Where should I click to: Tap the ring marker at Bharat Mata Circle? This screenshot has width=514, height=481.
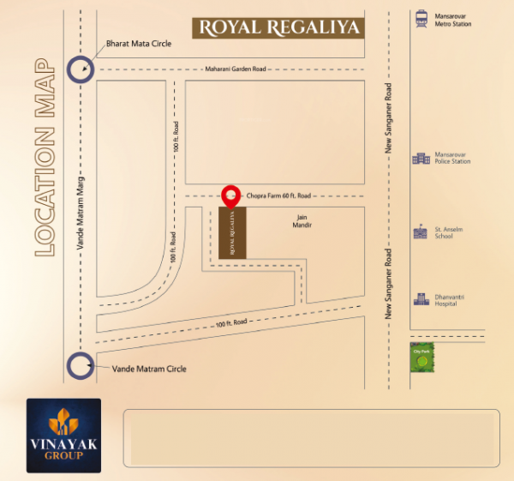click(81, 69)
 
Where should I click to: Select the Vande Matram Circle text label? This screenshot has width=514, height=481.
click(148, 369)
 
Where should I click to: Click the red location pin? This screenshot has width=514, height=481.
click(230, 196)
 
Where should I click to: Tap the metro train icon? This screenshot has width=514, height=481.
click(421, 19)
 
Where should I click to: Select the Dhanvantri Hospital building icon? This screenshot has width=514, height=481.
click(421, 299)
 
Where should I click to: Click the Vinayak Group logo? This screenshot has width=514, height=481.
click(63, 436)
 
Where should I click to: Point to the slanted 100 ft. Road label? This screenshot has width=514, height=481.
click(231, 322)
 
